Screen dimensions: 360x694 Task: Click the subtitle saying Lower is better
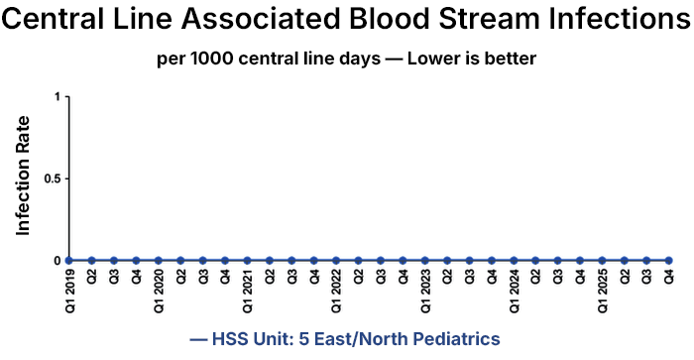click(x=347, y=59)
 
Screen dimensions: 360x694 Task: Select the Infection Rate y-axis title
click(x=23, y=176)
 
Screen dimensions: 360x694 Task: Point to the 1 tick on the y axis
click(x=58, y=96)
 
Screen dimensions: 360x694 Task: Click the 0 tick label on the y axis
click(x=58, y=260)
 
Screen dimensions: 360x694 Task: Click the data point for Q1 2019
click(x=69, y=260)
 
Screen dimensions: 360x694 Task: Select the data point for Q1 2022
click(x=336, y=260)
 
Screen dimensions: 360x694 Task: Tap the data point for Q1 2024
click(x=514, y=260)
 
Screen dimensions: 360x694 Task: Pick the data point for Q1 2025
click(x=602, y=260)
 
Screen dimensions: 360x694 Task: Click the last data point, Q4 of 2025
click(x=669, y=260)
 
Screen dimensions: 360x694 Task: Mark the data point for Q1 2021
click(x=247, y=260)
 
